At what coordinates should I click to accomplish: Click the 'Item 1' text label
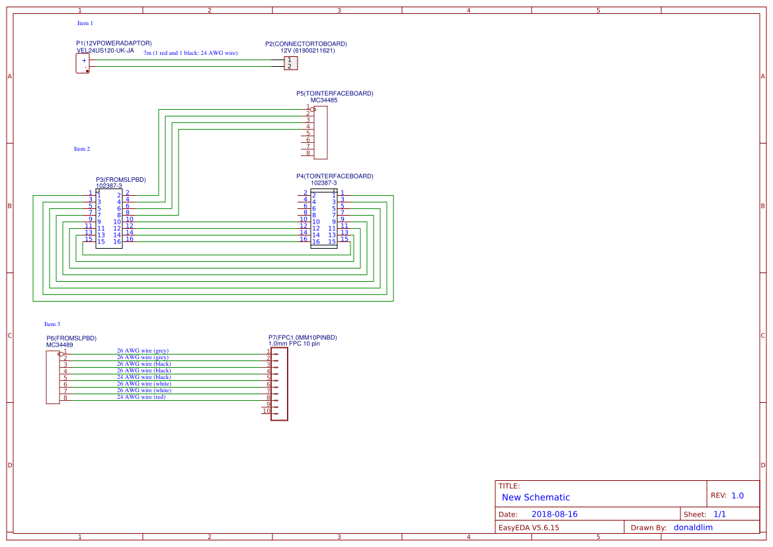[x=85, y=23]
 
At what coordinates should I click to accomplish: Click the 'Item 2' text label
[x=82, y=149]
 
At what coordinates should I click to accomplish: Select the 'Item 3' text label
[x=52, y=324]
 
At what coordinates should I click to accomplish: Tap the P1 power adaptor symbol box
[x=83, y=63]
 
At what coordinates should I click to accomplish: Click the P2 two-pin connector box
[x=290, y=63]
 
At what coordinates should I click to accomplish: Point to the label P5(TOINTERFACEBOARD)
[x=335, y=94]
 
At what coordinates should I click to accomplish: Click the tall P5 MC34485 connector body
[x=321, y=132]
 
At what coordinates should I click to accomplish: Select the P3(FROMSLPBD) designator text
[x=120, y=180]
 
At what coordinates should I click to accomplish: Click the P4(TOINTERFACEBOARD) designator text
[x=335, y=177]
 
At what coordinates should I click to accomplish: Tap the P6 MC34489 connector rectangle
[x=52, y=377]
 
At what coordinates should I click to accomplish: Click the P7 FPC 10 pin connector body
[x=280, y=384]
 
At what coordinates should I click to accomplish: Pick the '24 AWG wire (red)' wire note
[x=141, y=397]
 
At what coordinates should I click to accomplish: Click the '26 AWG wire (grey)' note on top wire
[x=143, y=351]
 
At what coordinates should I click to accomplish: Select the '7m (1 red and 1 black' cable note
[x=190, y=53]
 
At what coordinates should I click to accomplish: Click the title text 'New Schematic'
[x=536, y=497]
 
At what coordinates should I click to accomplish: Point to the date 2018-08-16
[x=554, y=514]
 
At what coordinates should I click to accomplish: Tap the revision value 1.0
[x=737, y=495]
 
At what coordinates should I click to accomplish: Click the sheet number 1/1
[x=719, y=514]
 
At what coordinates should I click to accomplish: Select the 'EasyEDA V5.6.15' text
[x=528, y=528]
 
